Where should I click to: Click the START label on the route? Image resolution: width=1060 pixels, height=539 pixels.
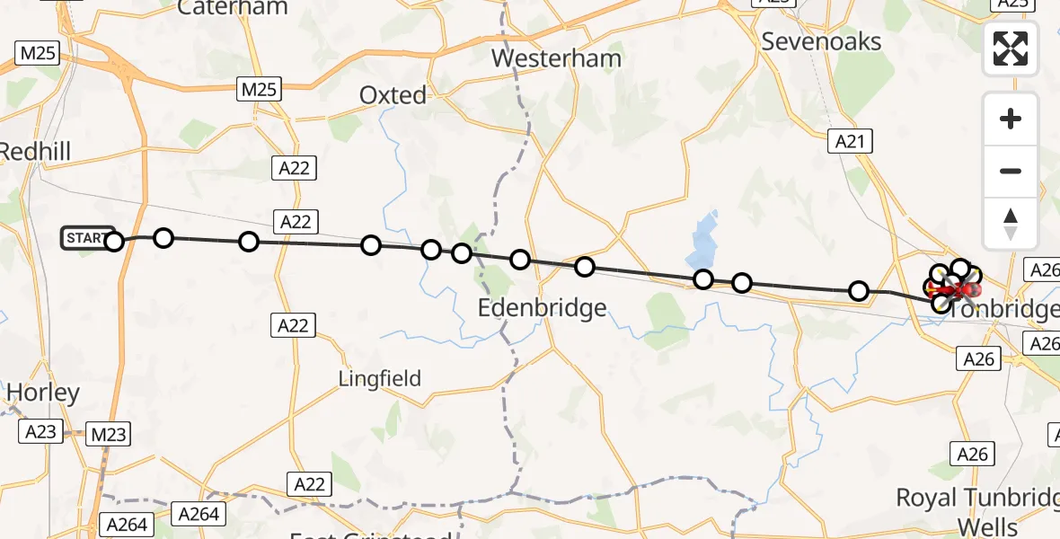(x=86, y=238)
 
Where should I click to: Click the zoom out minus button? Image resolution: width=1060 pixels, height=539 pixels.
(x=1011, y=171)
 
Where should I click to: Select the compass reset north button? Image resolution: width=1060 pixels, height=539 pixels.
(x=1011, y=224)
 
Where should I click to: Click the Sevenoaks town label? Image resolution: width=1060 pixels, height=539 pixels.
(x=821, y=41)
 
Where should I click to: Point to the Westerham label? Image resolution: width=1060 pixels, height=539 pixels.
(x=557, y=60)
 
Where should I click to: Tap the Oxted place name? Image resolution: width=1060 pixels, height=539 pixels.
(x=393, y=94)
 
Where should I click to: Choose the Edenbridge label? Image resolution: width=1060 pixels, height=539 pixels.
(x=542, y=308)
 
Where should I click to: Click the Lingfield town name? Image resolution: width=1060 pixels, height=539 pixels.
(x=380, y=378)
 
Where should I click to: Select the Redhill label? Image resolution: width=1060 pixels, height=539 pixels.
(x=34, y=151)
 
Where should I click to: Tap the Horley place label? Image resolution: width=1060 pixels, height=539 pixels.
(x=42, y=393)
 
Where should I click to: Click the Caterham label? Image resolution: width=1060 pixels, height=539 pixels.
(x=233, y=8)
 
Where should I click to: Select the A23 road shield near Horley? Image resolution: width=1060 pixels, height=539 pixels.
(x=40, y=432)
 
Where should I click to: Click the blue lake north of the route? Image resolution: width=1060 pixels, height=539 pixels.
(x=705, y=238)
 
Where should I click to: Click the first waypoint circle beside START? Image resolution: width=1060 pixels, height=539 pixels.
(x=114, y=241)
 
